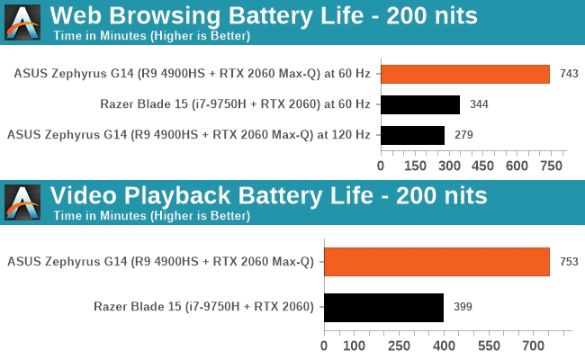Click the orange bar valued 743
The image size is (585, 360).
coord(464,74)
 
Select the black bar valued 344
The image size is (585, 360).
coord(420,104)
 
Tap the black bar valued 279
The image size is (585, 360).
coord(412,135)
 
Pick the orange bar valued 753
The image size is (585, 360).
coord(436,262)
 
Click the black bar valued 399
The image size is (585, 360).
coord(383,307)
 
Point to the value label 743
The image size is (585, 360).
coord(569,74)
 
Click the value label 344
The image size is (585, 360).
coord(479,104)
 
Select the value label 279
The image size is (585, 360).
coord(463,135)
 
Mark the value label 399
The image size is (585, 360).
coord(462,307)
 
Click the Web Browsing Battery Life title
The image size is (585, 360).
coord(263,15)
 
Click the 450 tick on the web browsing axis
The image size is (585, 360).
coord(483,166)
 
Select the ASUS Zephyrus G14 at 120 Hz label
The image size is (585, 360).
coord(189,135)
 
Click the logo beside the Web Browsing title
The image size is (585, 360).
coord(22,22)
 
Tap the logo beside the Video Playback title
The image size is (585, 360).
coord(22,202)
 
